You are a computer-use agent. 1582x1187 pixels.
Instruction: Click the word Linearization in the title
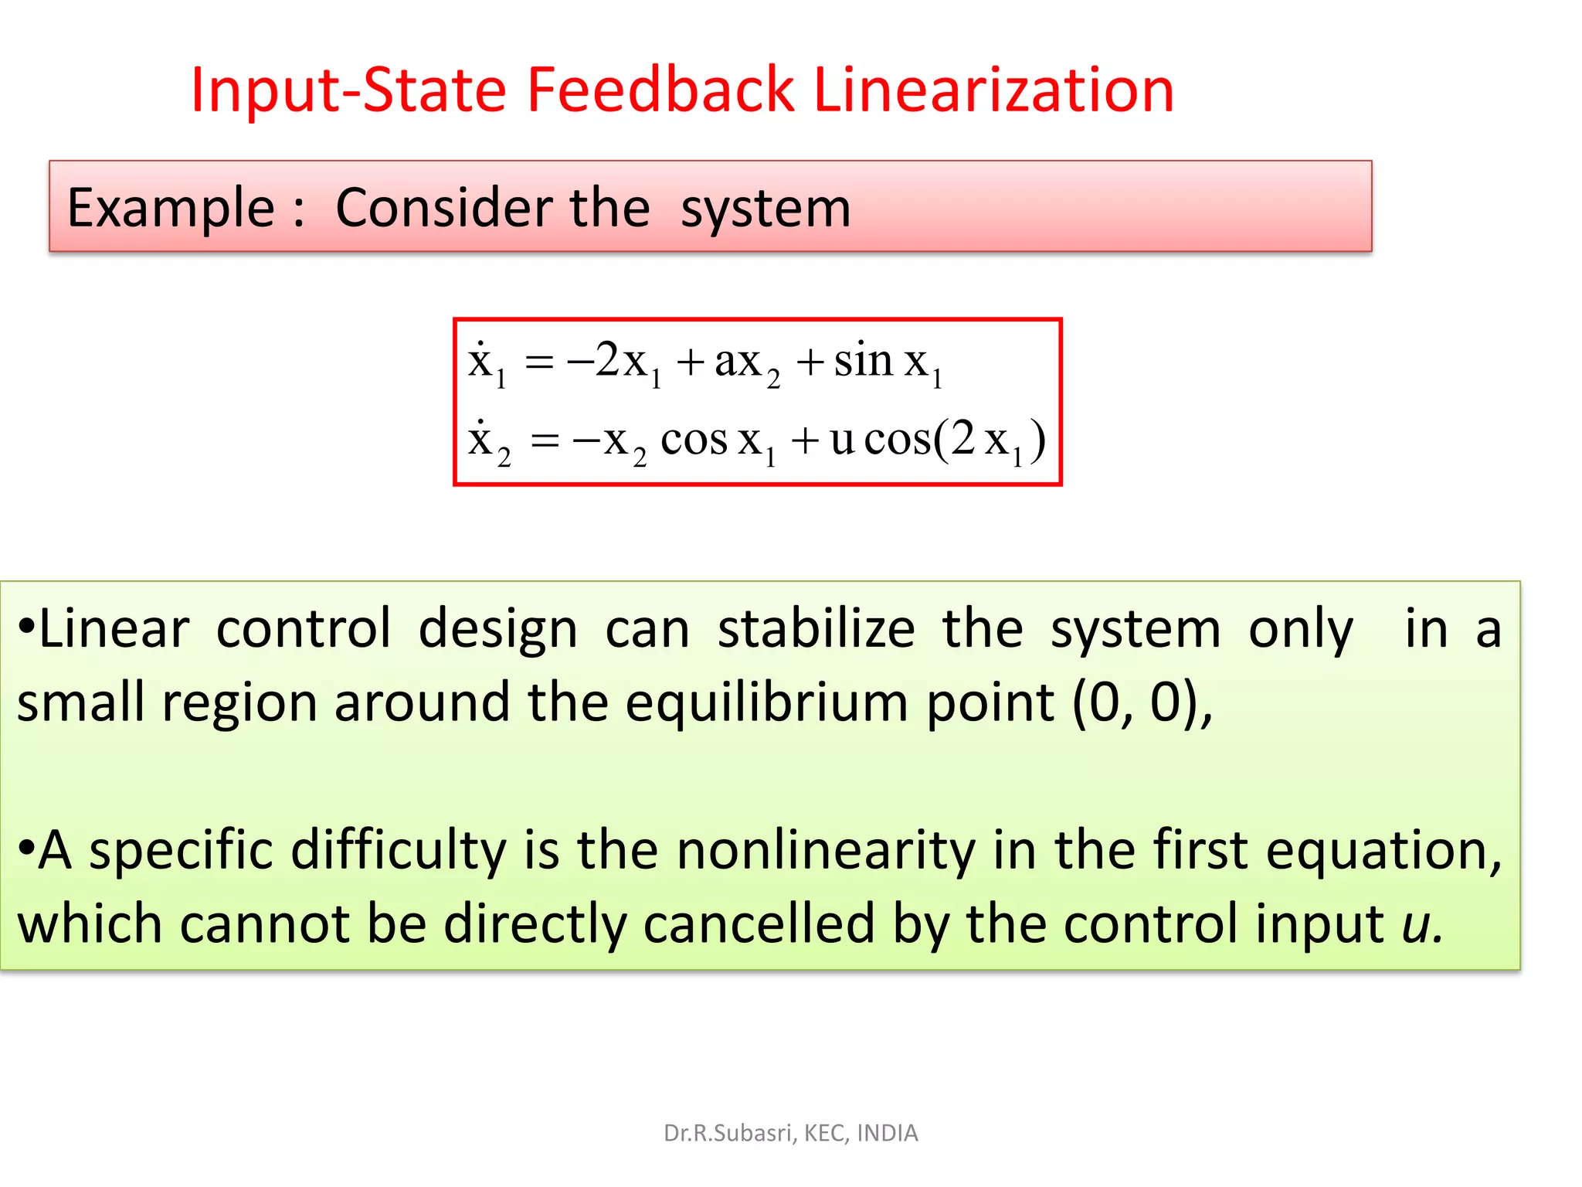(x=993, y=90)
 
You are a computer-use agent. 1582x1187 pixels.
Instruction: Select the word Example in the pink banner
(x=171, y=209)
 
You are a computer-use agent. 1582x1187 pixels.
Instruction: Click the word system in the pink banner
(x=766, y=209)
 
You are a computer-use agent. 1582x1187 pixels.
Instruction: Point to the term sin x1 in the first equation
(x=888, y=362)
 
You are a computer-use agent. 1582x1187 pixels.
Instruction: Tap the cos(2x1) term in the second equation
(x=954, y=440)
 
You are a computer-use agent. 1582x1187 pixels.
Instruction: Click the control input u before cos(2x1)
(x=841, y=440)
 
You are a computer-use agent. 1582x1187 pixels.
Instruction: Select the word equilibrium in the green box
(x=766, y=703)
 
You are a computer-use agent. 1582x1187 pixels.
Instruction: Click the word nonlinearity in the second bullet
(x=825, y=850)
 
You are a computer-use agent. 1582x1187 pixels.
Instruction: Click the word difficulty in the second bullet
(x=398, y=850)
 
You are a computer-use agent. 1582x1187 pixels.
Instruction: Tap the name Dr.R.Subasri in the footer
(x=728, y=1133)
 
